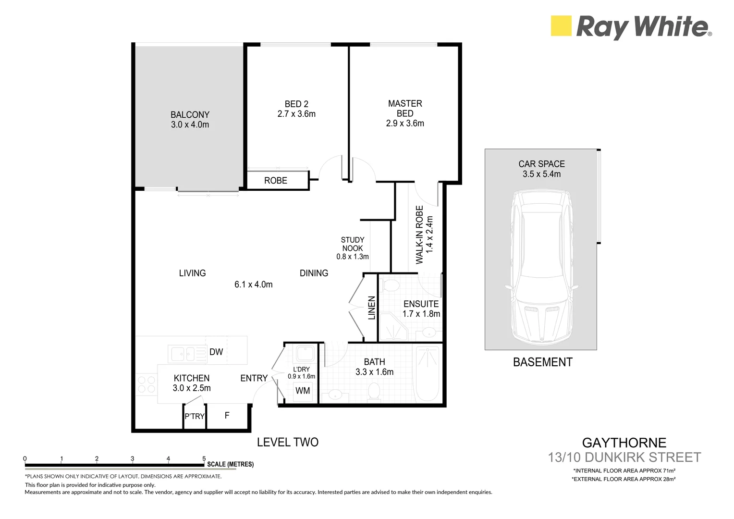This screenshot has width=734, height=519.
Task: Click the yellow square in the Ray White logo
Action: tap(561, 26)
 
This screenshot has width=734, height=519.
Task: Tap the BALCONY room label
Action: tap(190, 115)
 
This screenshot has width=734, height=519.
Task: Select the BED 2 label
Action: tap(296, 104)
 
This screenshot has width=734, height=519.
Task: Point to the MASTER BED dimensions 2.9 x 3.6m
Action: tap(405, 124)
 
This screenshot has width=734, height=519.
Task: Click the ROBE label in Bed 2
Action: tap(276, 181)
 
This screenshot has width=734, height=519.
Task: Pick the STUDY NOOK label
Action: tap(353, 244)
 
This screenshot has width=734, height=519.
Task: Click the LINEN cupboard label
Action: tap(371, 308)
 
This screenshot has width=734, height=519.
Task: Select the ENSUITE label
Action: tap(421, 304)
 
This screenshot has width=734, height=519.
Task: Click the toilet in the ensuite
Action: tap(391, 285)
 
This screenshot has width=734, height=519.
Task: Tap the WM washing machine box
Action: tap(303, 391)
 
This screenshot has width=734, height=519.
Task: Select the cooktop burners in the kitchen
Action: tap(147, 384)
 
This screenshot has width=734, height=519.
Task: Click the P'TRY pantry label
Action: tap(195, 417)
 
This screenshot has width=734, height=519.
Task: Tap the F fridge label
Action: tap(227, 415)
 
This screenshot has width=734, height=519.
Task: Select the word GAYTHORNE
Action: tap(624, 443)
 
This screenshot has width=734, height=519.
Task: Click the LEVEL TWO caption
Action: tap(287, 442)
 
